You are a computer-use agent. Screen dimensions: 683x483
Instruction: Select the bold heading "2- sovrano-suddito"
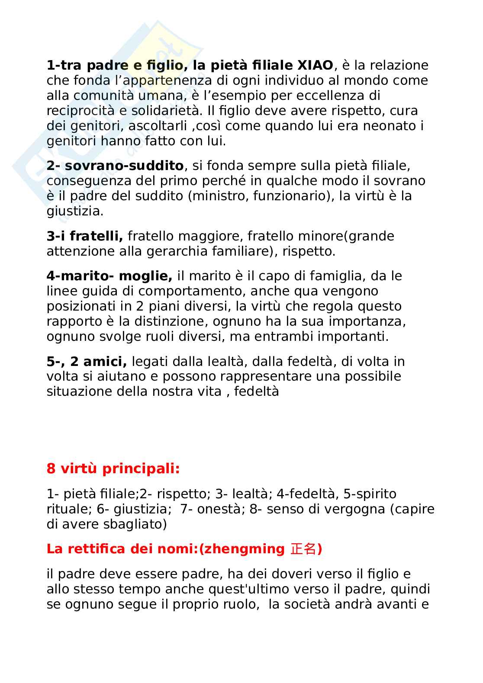point(115,166)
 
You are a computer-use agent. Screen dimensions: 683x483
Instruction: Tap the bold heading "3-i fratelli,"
point(85,236)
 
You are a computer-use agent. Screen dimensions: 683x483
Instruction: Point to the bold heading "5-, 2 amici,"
point(87,362)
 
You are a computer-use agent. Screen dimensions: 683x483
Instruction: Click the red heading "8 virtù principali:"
point(113,468)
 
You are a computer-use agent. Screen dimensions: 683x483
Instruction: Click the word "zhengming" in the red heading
point(244,549)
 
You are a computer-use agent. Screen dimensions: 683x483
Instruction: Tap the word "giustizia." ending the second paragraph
point(75,211)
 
